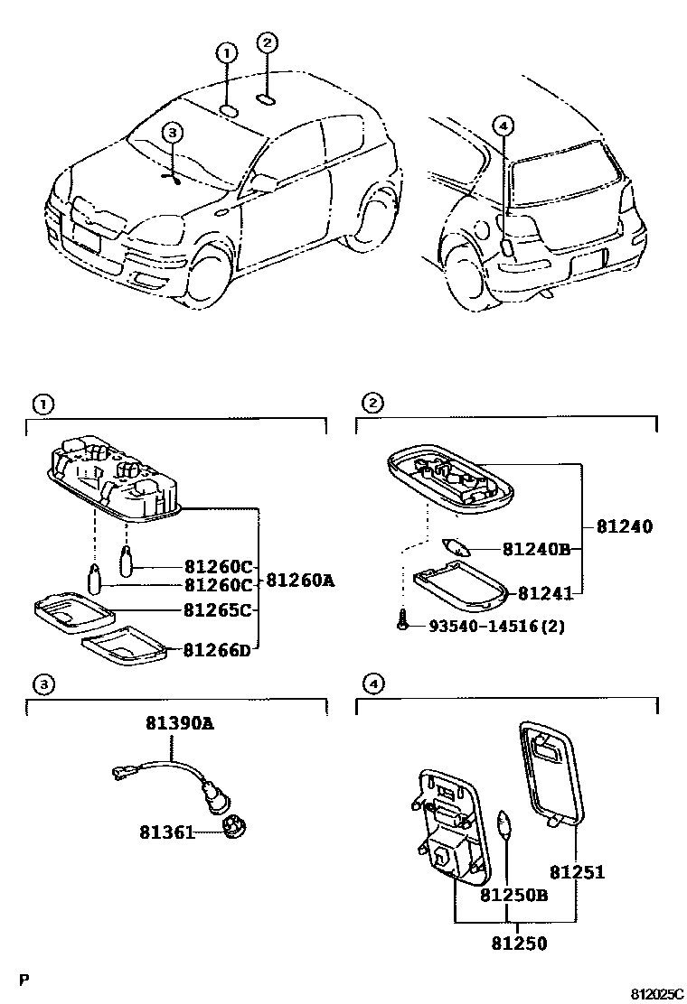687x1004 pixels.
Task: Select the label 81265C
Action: pos(217,609)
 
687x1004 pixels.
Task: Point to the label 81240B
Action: pos(536,548)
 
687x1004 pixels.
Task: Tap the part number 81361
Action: pos(166,831)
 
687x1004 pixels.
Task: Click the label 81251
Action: pos(577,872)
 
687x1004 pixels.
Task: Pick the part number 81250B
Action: pos(513,895)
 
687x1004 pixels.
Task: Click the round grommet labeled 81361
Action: pos(234,826)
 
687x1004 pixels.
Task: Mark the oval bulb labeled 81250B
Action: pos(506,823)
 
